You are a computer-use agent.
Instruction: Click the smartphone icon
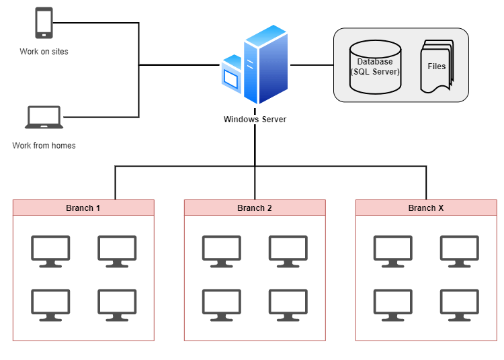[44, 24]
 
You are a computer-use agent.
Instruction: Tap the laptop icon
[44, 117]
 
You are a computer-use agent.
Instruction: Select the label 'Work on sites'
[44, 52]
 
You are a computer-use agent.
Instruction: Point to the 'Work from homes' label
[44, 145]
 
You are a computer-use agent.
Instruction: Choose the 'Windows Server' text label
[255, 120]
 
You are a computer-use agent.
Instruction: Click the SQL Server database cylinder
[375, 66]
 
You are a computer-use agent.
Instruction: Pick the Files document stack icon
[437, 66]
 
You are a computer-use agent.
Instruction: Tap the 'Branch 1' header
[83, 208]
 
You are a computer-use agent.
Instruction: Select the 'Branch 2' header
[255, 208]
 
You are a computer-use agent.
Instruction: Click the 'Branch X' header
[426, 208]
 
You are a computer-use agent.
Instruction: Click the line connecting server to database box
[312, 65]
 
